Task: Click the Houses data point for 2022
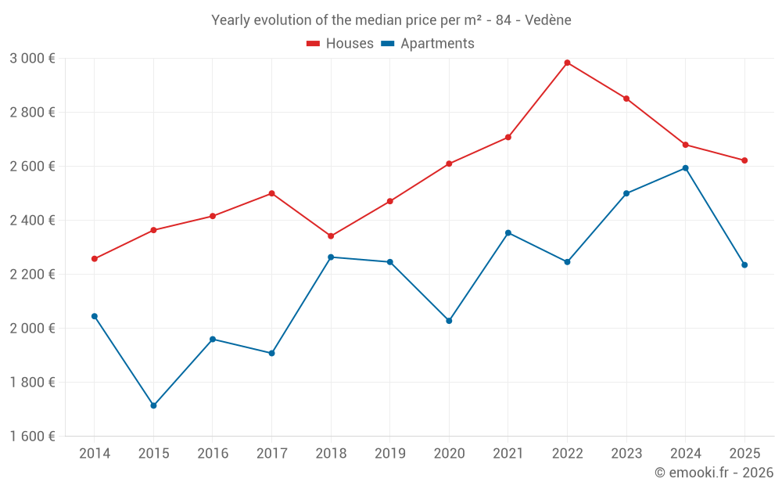[567, 63]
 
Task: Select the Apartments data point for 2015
[153, 405]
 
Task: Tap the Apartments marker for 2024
[685, 168]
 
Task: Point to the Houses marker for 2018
[331, 236]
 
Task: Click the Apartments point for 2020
[449, 321]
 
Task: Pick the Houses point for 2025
[744, 160]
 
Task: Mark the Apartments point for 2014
[95, 316]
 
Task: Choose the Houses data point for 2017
[271, 193]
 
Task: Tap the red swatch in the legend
[314, 44]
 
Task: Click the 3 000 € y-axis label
[32, 59]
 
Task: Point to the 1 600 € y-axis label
[32, 437]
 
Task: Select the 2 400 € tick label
[32, 221]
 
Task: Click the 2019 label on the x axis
[389, 454]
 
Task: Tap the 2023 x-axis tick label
[626, 454]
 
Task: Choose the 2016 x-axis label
[213, 454]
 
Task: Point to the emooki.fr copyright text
[713, 473]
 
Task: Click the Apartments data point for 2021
[508, 233]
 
